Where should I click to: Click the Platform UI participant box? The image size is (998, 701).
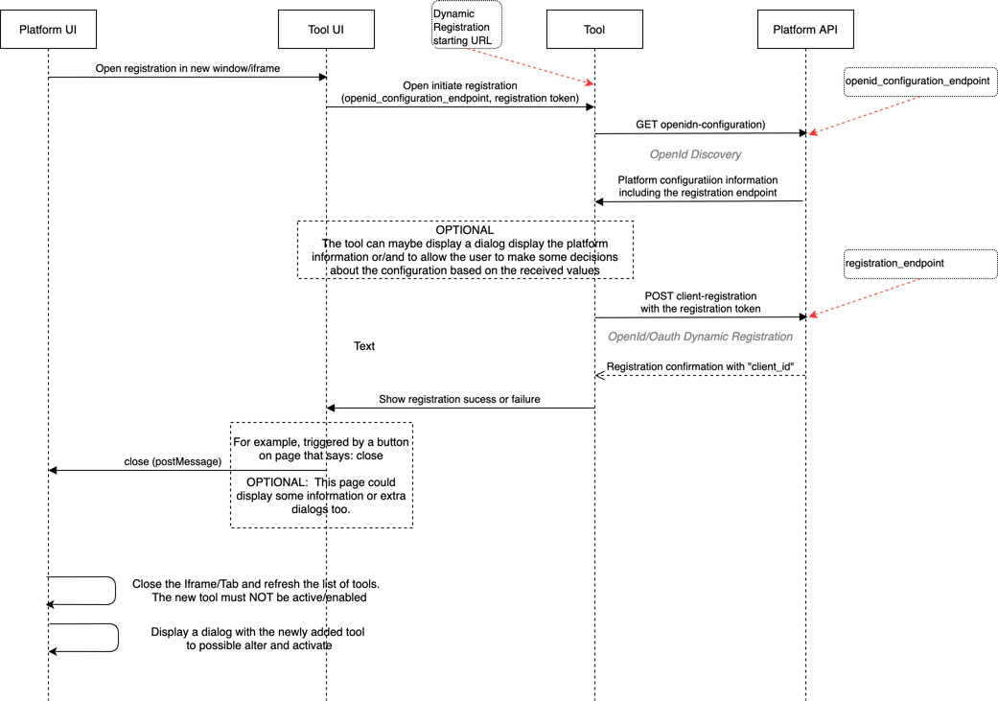click(48, 30)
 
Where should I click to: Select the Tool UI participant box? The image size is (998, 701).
click(326, 30)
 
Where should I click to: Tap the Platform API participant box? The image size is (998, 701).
click(805, 30)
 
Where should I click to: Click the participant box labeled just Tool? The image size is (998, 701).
click(594, 30)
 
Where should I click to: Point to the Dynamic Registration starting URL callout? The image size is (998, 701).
click(466, 27)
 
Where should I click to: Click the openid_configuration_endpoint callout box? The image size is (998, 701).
click(919, 82)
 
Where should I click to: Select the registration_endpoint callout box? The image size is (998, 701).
click(919, 263)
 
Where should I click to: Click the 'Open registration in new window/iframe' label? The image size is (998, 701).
click(188, 69)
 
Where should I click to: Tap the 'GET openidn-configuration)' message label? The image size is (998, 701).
click(700, 125)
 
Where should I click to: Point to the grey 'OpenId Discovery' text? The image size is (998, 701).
click(695, 154)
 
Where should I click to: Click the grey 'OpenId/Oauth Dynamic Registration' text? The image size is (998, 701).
click(700, 337)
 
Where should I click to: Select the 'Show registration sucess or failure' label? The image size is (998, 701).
click(459, 399)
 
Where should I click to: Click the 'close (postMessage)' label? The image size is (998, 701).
click(173, 461)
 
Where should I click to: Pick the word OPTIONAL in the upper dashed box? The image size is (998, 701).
click(465, 230)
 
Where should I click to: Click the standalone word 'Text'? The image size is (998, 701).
click(364, 346)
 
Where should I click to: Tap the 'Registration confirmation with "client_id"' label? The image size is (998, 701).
click(700, 366)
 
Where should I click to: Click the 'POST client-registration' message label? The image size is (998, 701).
click(700, 296)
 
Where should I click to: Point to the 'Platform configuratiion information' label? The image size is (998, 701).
click(697, 180)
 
